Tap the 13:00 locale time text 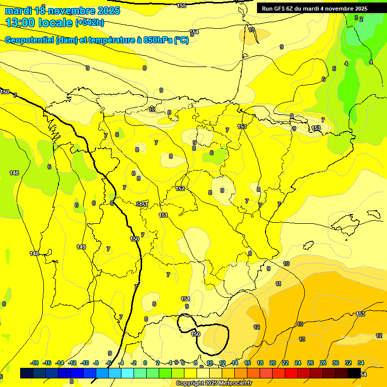click(39, 23)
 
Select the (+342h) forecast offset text click(90, 23)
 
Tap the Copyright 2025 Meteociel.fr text click(214, 383)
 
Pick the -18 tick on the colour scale click(35, 363)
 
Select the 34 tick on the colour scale click(361, 363)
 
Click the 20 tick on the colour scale click(273, 363)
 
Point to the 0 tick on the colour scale click(145, 363)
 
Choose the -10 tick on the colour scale click(85, 363)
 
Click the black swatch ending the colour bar click(354, 373)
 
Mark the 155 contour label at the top click(182, 6)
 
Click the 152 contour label click(180, 189)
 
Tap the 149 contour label click(81, 247)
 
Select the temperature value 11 click(278, 284)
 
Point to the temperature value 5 click(334, 69)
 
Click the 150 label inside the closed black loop click(196, 334)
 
